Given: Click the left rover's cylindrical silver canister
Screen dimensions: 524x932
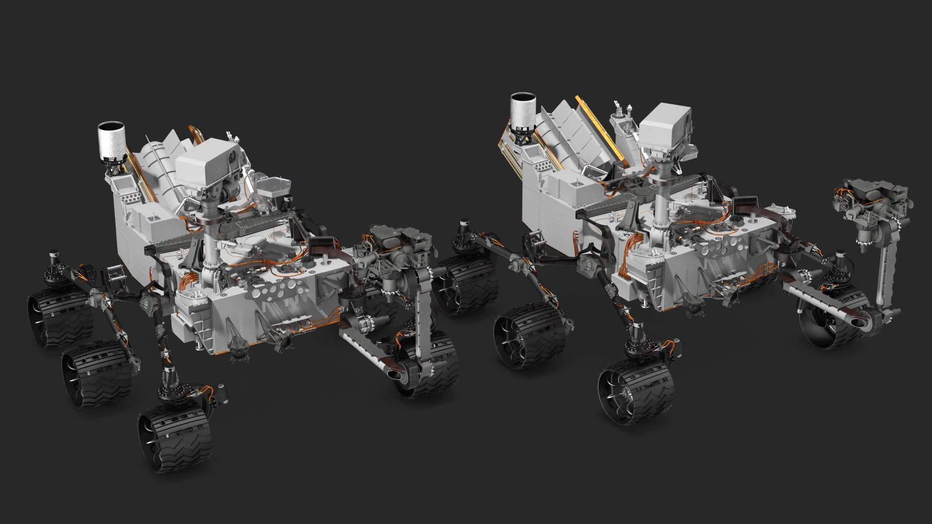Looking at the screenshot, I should coord(111,142).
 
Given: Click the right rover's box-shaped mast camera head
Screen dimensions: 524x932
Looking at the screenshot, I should coord(664,127).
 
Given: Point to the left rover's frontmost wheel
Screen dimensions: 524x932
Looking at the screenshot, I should coord(176,439).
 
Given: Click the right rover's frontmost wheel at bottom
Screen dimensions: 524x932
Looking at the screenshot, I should coord(636,391).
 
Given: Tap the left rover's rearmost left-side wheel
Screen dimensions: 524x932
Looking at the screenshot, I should coord(60,318).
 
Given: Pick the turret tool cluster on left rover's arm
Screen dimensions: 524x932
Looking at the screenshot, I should coord(400,247).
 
